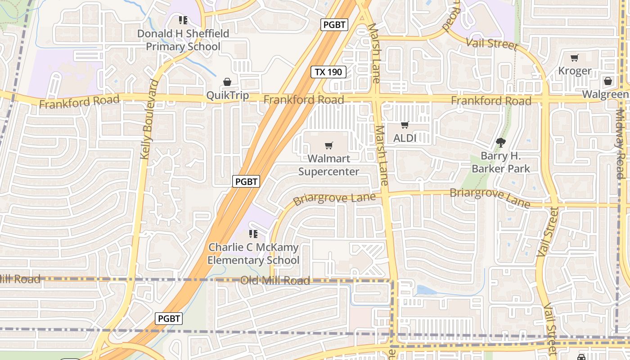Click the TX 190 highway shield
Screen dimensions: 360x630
328,72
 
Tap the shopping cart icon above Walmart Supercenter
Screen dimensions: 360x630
329,145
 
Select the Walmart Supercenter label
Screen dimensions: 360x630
328,165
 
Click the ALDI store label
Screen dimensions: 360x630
405,138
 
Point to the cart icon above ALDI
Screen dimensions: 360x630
405,125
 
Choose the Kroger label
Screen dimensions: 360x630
575,71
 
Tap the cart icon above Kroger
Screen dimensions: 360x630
574,58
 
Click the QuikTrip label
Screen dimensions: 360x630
227,95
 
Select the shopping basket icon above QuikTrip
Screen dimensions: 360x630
227,82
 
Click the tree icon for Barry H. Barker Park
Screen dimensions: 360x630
500,143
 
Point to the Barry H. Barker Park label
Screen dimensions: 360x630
500,162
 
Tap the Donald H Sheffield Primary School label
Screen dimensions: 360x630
183,40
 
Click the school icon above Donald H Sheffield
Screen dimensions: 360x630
183,20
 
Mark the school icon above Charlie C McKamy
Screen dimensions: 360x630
253,234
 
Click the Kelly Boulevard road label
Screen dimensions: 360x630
149,119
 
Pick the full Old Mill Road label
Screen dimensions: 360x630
275,281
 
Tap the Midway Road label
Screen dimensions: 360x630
621,144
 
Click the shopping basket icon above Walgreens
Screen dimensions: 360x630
607,81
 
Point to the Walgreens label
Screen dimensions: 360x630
606,94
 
